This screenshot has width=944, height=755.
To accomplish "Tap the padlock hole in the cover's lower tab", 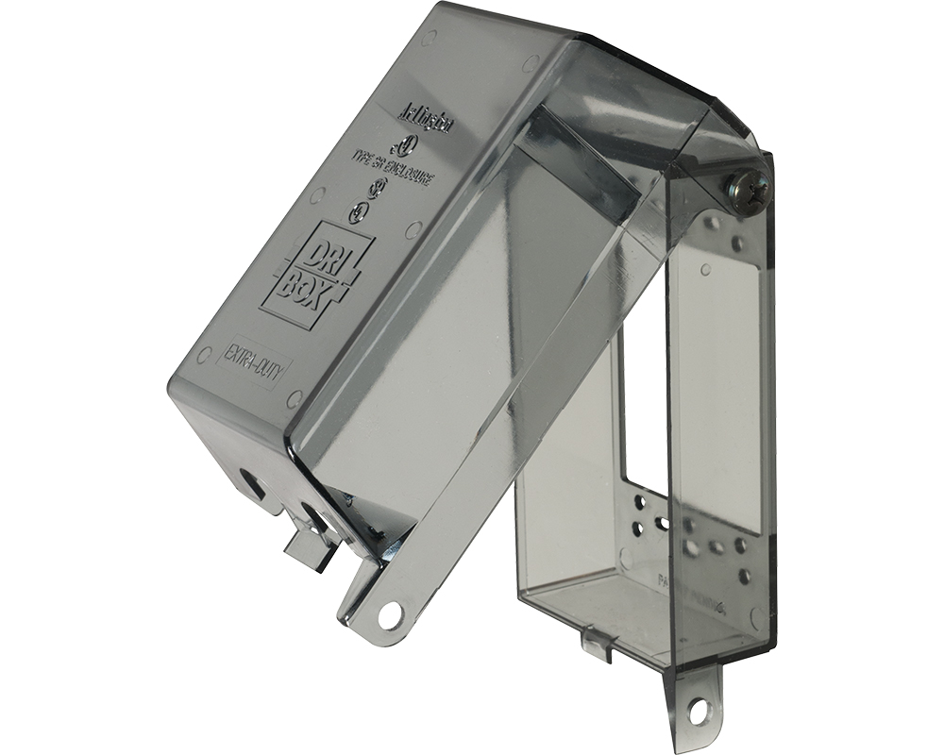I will [389, 615].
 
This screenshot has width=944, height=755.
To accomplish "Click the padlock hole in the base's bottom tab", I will [700, 706].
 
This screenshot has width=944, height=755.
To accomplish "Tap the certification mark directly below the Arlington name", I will [407, 146].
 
